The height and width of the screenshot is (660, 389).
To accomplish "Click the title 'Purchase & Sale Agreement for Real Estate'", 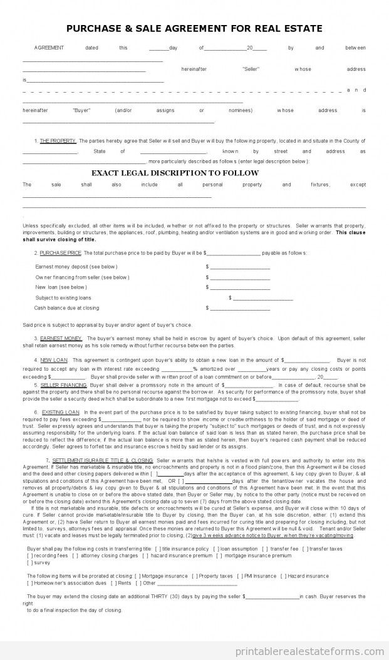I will click(194, 28).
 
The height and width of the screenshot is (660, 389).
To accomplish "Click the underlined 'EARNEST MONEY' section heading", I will click(61, 338).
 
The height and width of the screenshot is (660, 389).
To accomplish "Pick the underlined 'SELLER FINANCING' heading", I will click(64, 384).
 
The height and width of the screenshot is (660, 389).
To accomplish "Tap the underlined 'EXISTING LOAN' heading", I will click(61, 412).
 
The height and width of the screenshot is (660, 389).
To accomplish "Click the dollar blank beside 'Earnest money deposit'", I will click(239, 267).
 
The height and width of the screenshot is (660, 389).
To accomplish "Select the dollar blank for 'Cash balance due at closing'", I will click(239, 309).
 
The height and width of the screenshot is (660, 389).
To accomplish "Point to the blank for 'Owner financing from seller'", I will click(239, 278).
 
